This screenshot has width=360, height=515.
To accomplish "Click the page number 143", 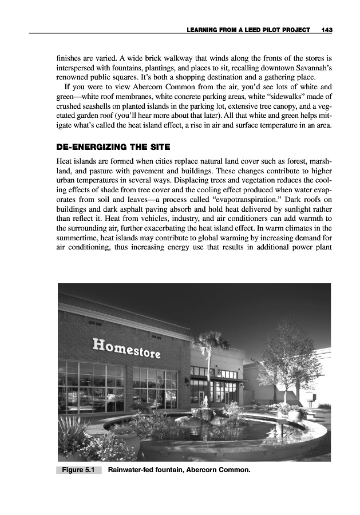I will tap(327, 29).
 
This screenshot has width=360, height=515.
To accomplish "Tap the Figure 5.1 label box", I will tap(78, 470).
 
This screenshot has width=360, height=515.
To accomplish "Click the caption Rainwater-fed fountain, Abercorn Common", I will tap(179, 470).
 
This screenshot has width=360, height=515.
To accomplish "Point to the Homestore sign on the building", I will tap(126, 347).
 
